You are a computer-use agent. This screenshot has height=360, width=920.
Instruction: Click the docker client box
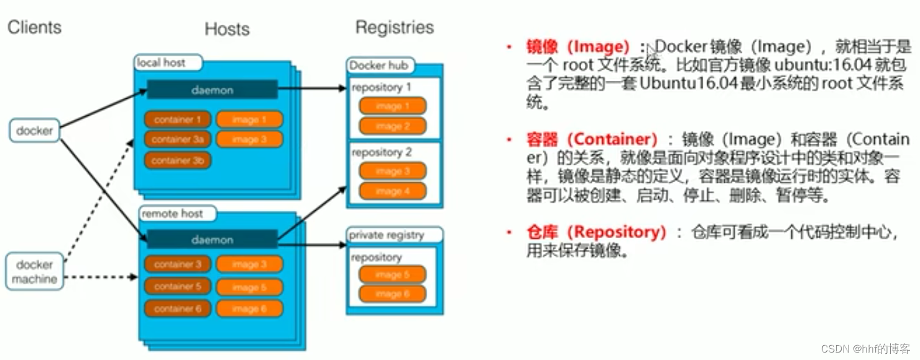[34, 131]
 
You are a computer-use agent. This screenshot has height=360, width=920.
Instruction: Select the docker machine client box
[34, 272]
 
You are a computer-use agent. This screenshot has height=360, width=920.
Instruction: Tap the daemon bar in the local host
[212, 90]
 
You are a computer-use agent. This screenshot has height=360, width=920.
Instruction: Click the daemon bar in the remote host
[212, 239]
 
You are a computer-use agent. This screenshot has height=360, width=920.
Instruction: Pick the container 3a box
[178, 139]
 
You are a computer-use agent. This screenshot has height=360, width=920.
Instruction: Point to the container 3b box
[178, 160]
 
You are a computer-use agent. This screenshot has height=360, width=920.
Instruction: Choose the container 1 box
[178, 119]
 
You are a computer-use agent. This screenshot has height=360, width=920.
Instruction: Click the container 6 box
[178, 308]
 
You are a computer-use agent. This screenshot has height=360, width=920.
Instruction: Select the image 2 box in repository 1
[392, 126]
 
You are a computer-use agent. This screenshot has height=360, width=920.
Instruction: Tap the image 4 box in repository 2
[392, 192]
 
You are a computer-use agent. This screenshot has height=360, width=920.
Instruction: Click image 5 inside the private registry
[392, 274]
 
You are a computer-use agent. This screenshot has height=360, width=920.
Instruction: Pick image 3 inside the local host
[249, 139]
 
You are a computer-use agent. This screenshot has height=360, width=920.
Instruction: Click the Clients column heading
[35, 27]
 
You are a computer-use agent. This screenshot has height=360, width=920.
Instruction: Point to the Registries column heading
[395, 27]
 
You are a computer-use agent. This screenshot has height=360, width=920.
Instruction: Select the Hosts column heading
[227, 29]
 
